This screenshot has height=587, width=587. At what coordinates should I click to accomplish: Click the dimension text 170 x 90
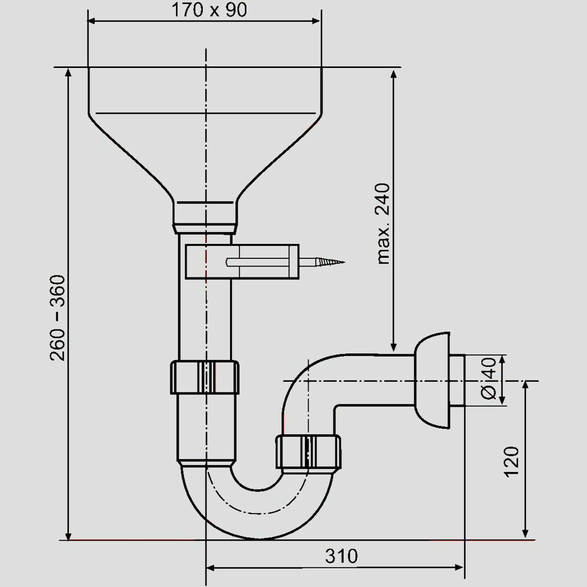pos(209,10)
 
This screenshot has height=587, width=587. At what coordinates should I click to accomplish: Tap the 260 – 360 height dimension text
pos(57,318)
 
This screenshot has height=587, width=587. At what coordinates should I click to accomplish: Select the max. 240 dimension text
pos(383,223)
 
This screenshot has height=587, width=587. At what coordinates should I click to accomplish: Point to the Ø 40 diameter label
pos(489,379)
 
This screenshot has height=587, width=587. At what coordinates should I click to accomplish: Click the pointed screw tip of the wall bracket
pos(344,262)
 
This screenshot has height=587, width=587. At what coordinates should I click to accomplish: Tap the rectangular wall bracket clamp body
pos(242,262)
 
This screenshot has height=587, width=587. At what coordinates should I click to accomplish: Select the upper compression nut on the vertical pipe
pos(204,377)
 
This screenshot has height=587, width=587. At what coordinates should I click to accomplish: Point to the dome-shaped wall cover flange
pos(431,380)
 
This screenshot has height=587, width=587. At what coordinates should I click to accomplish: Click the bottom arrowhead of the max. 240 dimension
pos(394,347)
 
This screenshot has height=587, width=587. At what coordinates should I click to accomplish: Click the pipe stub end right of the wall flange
pos(457,380)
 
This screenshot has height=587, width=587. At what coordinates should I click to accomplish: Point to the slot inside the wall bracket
pos(257,262)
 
